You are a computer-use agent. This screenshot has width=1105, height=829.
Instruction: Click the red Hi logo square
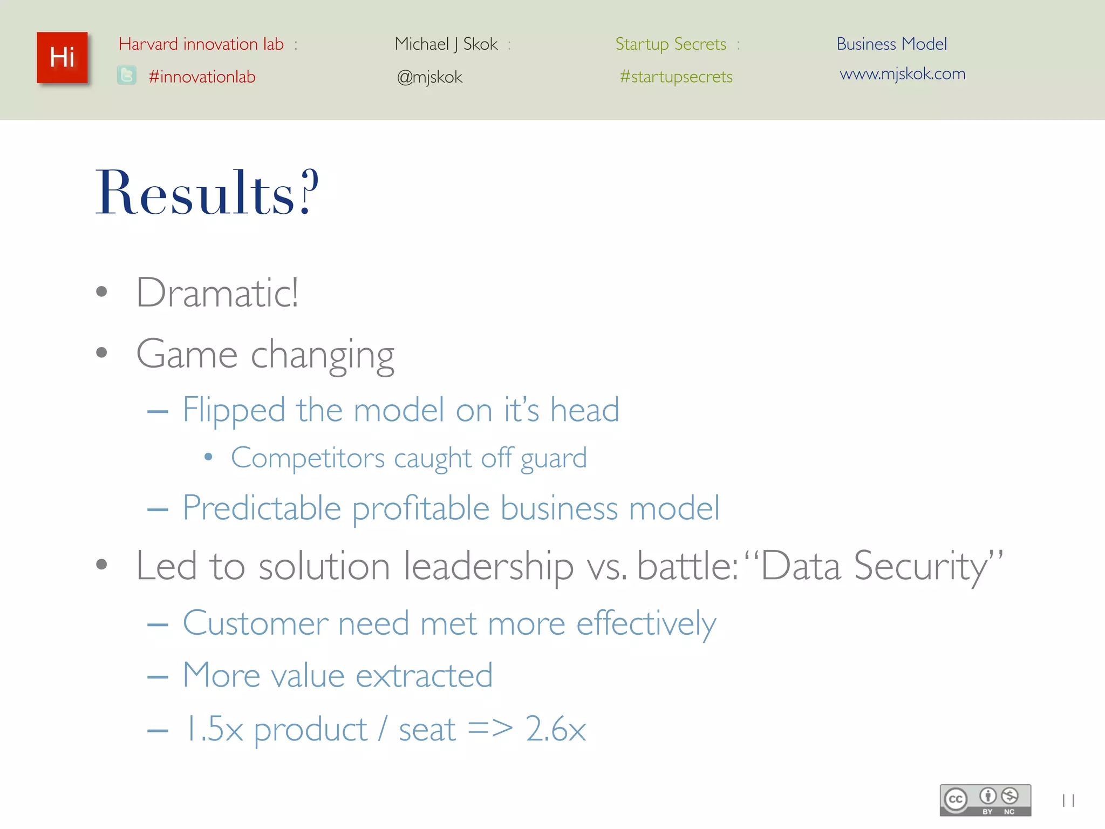click(62, 58)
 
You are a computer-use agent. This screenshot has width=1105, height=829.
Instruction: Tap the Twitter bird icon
click(127, 76)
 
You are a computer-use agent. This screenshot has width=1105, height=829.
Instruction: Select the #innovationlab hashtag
click(202, 77)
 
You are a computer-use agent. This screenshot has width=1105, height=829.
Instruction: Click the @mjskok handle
click(429, 77)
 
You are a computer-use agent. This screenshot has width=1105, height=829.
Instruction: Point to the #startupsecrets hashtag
click(676, 77)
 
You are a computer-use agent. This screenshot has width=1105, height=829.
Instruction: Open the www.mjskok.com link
click(902, 73)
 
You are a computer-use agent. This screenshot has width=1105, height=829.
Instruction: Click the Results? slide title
click(207, 193)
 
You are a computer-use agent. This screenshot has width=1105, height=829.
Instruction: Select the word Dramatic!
click(217, 293)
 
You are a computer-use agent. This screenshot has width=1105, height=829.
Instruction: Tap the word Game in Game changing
click(187, 354)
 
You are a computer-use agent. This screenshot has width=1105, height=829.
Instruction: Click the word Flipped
click(234, 410)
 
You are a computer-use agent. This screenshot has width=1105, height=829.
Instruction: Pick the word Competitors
click(308, 458)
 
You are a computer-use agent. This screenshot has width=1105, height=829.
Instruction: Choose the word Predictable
click(262, 508)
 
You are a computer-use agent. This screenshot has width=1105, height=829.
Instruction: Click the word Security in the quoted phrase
click(920, 566)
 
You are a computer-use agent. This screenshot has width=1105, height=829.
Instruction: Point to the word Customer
click(255, 623)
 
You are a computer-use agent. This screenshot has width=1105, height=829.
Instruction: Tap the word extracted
click(424, 675)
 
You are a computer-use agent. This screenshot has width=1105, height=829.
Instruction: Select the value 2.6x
click(555, 729)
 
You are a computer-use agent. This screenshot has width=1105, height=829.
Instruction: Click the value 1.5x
click(214, 729)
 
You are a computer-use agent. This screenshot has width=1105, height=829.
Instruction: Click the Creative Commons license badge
click(985, 800)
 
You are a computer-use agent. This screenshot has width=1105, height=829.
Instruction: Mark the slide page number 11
click(1068, 800)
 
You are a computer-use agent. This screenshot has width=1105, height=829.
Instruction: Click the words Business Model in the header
click(891, 44)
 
